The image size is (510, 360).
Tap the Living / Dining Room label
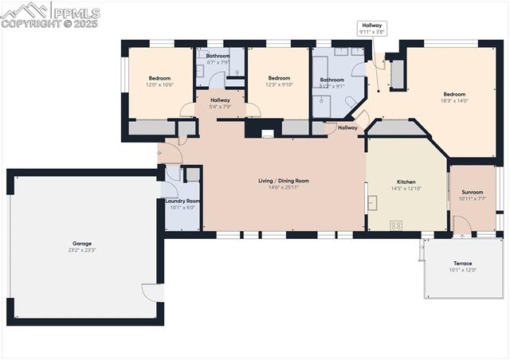[283, 181]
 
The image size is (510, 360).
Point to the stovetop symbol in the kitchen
[396, 225]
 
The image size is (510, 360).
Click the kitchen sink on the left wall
[371, 201]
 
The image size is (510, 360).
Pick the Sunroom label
[473, 192]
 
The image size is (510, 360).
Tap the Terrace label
[463, 263]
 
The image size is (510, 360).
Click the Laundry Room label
[182, 201]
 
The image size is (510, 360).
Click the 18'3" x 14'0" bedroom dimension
[454, 101]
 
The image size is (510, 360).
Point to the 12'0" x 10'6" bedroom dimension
[159, 84]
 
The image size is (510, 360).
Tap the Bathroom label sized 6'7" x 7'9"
[218, 56]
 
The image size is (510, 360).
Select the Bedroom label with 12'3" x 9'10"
[278, 78]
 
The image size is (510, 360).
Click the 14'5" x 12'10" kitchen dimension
[406, 189]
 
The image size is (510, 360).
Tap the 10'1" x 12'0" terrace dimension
[463, 270]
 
